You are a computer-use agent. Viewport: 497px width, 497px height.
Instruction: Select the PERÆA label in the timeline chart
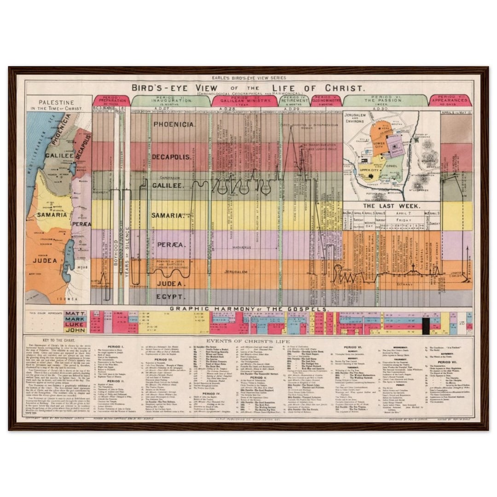pyautogui.click(x=168, y=244)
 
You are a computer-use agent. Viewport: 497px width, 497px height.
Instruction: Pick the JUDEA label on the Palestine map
pyautogui.click(x=45, y=260)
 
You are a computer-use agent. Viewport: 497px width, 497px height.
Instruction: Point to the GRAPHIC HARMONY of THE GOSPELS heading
pyautogui.click(x=249, y=309)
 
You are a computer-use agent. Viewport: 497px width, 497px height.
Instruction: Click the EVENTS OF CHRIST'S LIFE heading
pyautogui.click(x=249, y=341)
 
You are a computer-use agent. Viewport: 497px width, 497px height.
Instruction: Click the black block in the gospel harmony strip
pyautogui.click(x=426, y=326)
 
